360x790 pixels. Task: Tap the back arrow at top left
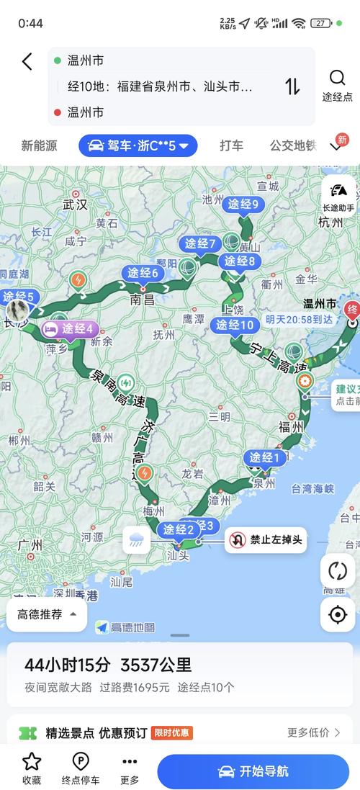coord(27,61)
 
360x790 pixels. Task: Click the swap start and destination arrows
coord(292,86)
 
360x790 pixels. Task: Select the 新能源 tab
coord(39,145)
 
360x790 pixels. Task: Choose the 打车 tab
coord(231,145)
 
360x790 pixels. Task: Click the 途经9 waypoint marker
coord(243,205)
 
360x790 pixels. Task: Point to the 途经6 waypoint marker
coord(143,273)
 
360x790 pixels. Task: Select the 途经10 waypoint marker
coord(235,325)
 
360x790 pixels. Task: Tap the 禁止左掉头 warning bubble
coord(266,539)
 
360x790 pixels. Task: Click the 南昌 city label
coord(143,300)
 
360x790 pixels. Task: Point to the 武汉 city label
coord(75,205)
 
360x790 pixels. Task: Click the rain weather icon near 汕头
coord(137,539)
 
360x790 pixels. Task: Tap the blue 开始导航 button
coord(253,771)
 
